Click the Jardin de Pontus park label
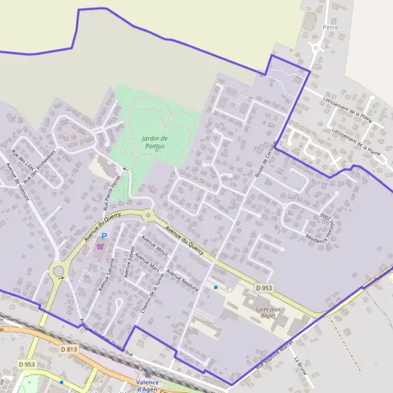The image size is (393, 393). point(155,142)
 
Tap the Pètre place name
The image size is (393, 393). point(330,28)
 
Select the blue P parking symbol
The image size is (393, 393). point(103,236)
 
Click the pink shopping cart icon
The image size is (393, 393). point(100,246)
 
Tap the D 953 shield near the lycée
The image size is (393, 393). point(263,288)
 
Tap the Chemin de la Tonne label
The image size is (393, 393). point(151,293)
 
